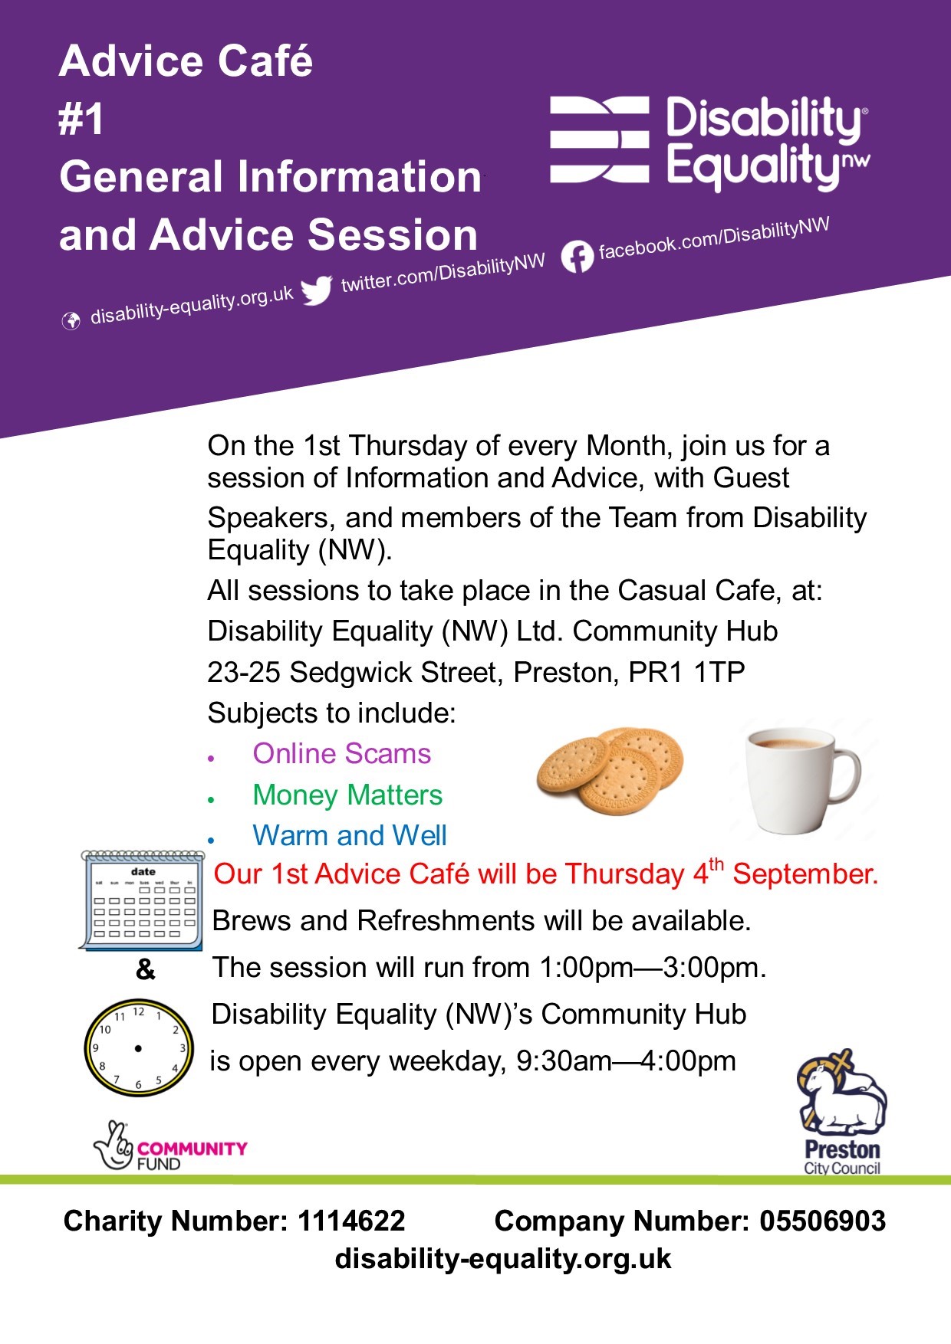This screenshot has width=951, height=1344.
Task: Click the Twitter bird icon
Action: click(316, 290)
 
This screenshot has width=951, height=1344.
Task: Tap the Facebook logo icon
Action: click(577, 257)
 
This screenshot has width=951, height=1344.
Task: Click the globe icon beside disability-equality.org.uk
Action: click(71, 320)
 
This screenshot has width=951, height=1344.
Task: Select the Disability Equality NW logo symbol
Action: click(600, 140)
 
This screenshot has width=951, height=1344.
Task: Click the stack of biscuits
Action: click(609, 771)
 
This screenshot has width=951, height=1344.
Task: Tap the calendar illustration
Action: click(141, 900)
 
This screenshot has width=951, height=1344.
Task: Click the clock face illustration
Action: click(138, 1047)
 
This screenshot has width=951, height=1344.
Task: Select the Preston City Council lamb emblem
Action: click(841, 1093)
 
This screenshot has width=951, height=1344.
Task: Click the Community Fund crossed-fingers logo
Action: click(115, 1146)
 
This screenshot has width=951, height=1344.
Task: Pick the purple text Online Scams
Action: click(342, 754)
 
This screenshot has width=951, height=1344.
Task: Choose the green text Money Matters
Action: click(347, 795)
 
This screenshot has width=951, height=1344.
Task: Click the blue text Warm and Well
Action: click(350, 835)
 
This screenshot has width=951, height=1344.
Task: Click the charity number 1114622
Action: click(351, 1221)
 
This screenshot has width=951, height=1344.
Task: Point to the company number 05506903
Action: click(822, 1221)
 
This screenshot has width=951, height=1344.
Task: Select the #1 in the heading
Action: click(81, 120)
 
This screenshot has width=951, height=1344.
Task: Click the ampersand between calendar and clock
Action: click(145, 970)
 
